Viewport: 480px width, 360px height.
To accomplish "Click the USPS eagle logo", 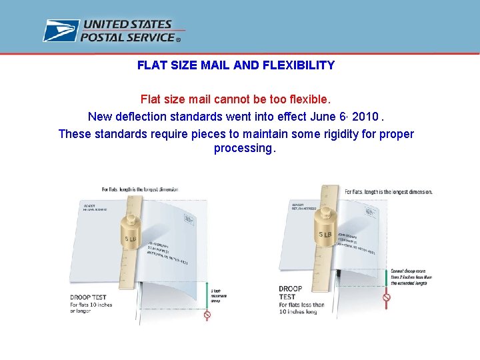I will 61,31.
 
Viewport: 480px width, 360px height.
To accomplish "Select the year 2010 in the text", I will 365,117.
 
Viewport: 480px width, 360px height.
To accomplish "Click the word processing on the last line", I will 243,148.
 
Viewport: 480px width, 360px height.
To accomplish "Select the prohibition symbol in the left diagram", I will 207,315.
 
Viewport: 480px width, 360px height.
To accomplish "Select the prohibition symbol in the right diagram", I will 387,297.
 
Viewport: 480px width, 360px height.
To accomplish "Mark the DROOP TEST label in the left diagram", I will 89,297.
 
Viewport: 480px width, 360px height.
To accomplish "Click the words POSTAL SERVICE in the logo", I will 128,38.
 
